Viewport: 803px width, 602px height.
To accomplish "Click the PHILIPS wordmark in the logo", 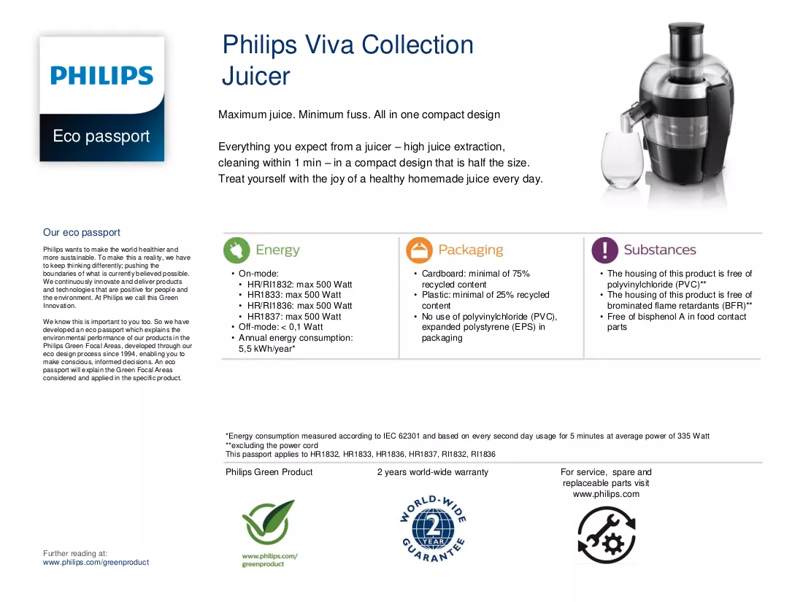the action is pyautogui.click(x=102, y=76).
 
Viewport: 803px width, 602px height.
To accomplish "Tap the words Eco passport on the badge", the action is pyautogui.click(x=101, y=136).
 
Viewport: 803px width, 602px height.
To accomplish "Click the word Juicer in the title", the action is pyautogui.click(x=255, y=77).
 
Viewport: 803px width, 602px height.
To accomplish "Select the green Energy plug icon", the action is pyautogui.click(x=237, y=250).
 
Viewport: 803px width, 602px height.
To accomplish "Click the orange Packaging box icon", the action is pyautogui.click(x=419, y=250).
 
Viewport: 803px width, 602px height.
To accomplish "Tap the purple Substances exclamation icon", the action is pyautogui.click(x=605, y=250).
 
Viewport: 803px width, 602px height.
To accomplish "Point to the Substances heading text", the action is pyautogui.click(x=660, y=250).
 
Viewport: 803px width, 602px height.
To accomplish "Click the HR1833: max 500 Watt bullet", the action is pyautogui.click(x=294, y=295).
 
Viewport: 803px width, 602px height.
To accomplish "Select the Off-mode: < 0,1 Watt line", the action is pyautogui.click(x=280, y=327).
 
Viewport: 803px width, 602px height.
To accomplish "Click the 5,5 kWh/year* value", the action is pyautogui.click(x=266, y=349).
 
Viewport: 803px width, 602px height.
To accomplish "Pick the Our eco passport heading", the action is pyautogui.click(x=82, y=232).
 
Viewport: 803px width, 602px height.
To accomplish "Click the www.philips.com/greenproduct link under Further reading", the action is pyautogui.click(x=96, y=562).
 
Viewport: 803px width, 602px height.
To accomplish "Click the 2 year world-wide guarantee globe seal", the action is pyautogui.click(x=433, y=528).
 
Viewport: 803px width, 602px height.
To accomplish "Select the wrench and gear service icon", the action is pyautogui.click(x=607, y=535).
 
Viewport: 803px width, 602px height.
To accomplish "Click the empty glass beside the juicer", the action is pyautogui.click(x=622, y=159).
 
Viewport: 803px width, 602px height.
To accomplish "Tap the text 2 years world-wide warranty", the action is pyautogui.click(x=433, y=472).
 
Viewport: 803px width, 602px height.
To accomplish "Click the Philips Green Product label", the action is pyautogui.click(x=269, y=472).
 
